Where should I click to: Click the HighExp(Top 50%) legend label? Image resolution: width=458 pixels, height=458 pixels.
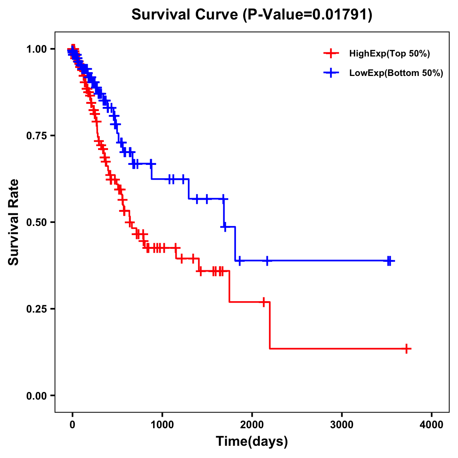(389, 54)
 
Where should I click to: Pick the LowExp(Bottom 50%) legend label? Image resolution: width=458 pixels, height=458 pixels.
(396, 73)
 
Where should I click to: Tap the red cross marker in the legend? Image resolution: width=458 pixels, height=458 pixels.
(331, 53)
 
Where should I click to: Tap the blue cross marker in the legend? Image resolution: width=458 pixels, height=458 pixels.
(331, 73)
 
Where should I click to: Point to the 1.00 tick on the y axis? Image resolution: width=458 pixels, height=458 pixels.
(36, 49)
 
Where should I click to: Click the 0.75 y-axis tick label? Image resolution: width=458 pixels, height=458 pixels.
(36, 135)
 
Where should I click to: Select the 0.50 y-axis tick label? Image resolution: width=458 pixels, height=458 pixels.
(36, 222)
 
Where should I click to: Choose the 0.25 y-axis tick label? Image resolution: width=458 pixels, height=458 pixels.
(36, 309)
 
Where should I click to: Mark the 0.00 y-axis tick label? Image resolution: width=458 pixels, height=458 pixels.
(36, 395)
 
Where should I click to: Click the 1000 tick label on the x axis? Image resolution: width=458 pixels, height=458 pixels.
(162, 425)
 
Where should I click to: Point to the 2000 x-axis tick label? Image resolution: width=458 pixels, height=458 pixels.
(252, 425)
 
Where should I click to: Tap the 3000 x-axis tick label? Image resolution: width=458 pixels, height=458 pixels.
(342, 425)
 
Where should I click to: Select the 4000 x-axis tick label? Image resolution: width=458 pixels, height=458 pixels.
(432, 425)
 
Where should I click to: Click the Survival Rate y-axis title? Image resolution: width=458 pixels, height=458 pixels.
(14, 222)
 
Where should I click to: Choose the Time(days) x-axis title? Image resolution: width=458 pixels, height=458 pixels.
(252, 442)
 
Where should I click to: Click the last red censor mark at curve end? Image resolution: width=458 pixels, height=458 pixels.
(407, 348)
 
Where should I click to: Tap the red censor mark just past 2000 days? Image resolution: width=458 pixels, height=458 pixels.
(263, 302)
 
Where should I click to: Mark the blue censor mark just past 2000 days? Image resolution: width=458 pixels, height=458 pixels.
(267, 261)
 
